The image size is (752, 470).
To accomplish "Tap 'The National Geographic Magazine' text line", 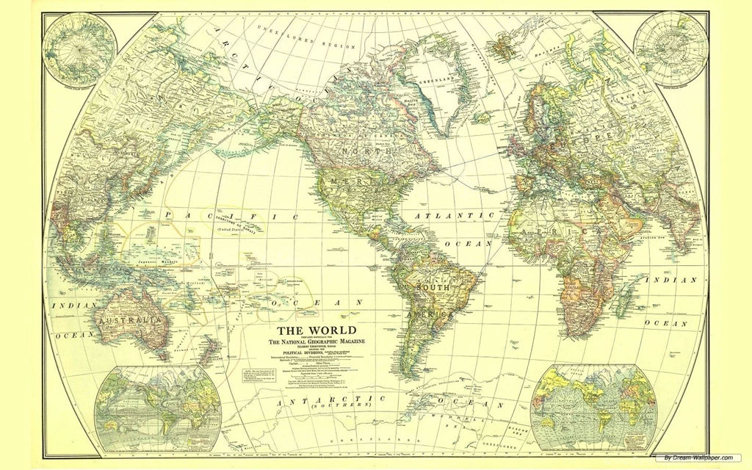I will (x=316, y=343).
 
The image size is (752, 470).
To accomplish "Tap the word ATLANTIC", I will (x=455, y=216).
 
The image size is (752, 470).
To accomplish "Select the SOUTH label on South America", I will (x=433, y=288).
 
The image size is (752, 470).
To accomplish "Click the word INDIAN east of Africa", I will (x=670, y=280).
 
